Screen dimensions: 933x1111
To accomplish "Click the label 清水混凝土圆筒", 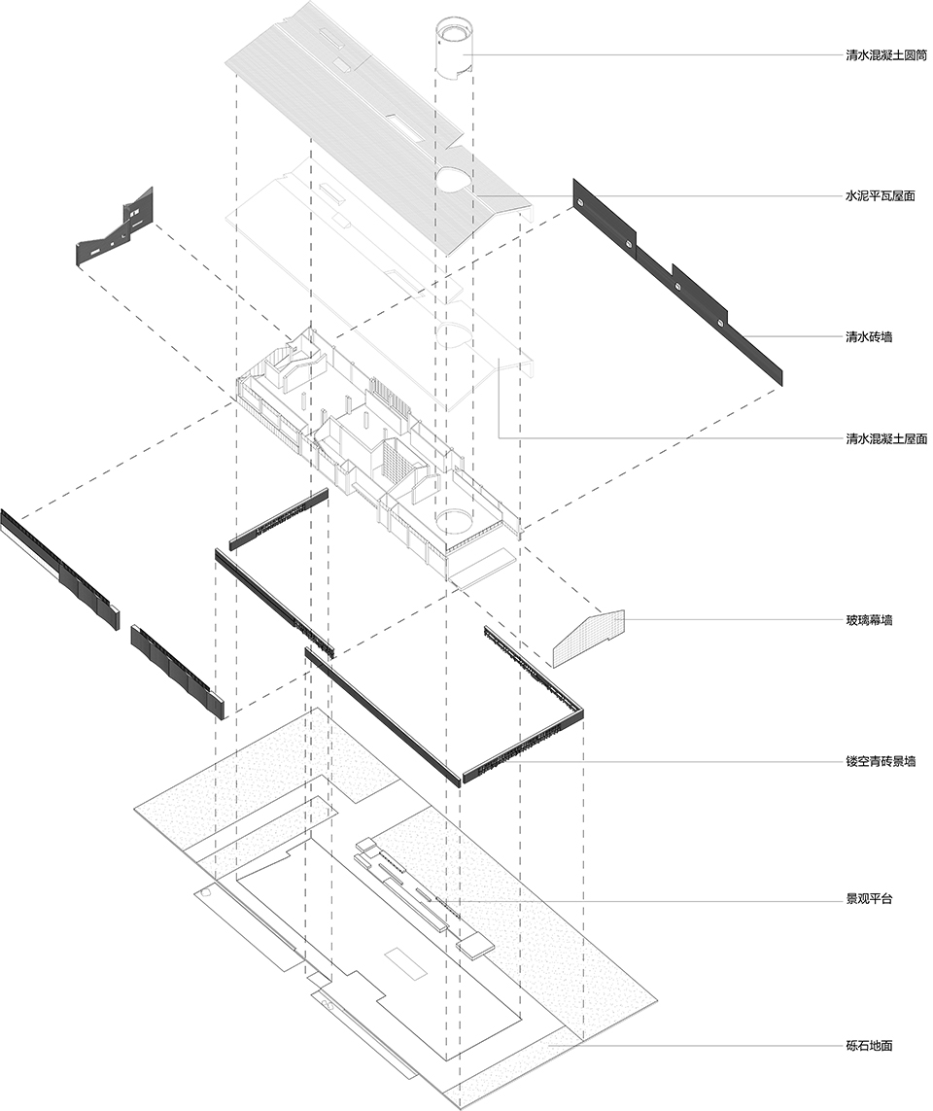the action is click(885, 55).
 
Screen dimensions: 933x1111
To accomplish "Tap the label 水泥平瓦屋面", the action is click(880, 195).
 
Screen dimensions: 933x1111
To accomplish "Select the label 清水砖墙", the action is click(868, 336).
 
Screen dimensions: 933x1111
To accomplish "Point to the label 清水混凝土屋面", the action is click(885, 438).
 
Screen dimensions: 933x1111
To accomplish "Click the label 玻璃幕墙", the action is click(868, 620).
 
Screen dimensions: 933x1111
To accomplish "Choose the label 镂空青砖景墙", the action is click(880, 762).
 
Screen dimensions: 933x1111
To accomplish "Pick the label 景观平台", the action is click(868, 899).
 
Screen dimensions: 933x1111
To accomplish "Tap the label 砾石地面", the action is click(868, 1045).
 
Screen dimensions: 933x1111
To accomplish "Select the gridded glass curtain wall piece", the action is click(588, 639).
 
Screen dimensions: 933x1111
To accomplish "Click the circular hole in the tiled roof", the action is click(454, 179).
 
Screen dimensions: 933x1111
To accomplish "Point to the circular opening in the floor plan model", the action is click(454, 521).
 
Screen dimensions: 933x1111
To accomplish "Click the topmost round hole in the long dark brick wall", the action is click(580, 203).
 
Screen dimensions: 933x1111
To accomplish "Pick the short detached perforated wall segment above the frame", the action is click(280, 519).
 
